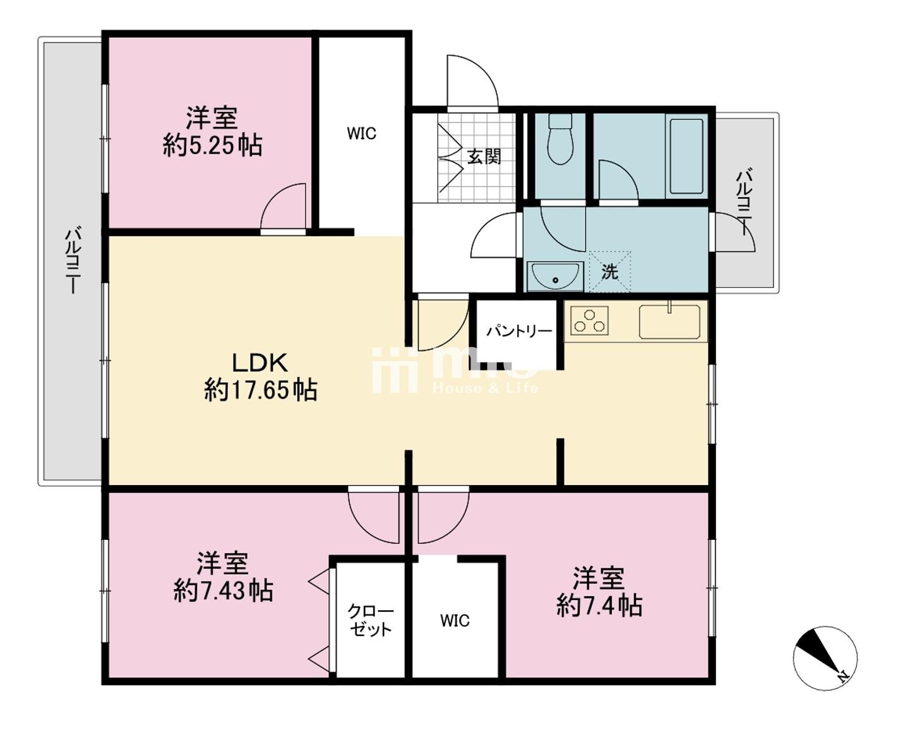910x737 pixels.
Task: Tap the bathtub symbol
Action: tap(686, 157)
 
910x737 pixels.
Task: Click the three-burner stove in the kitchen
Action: tap(590, 321)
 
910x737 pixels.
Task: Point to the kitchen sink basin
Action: tap(669, 322)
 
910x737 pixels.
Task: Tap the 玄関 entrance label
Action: tap(484, 157)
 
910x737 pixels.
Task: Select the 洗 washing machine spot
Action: tap(609, 272)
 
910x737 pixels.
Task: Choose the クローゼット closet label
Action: tap(370, 620)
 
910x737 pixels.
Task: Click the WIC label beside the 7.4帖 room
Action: tap(455, 620)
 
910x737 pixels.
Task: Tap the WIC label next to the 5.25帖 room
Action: tap(361, 133)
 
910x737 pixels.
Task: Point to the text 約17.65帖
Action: tap(260, 390)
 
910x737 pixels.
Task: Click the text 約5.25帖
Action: tap(212, 146)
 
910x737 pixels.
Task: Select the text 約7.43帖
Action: tap(223, 591)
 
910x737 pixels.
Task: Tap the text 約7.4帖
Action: tap(599, 605)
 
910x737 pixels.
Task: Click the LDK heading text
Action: tap(260, 363)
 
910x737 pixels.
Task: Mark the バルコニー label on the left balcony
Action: tap(73, 261)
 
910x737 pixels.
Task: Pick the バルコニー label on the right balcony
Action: tap(745, 203)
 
